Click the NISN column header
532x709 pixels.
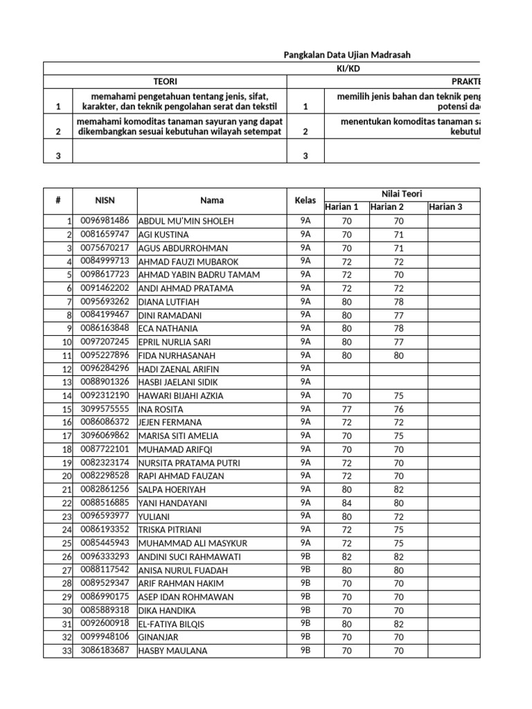point(105,200)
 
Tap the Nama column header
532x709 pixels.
point(211,200)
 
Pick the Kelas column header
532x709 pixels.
point(305,200)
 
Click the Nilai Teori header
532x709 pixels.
point(402,194)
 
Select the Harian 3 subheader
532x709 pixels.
point(447,207)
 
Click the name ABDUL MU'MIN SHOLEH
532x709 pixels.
point(186,221)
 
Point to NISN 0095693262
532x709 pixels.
point(105,301)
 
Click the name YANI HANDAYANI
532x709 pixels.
point(172,503)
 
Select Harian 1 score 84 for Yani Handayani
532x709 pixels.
point(346,503)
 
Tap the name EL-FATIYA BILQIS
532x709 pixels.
point(171,624)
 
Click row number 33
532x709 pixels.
point(66,651)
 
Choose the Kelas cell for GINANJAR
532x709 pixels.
point(305,637)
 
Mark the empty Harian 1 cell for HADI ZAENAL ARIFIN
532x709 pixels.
point(346,368)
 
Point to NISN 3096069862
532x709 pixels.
point(105,436)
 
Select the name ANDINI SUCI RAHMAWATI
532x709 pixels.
point(189,557)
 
